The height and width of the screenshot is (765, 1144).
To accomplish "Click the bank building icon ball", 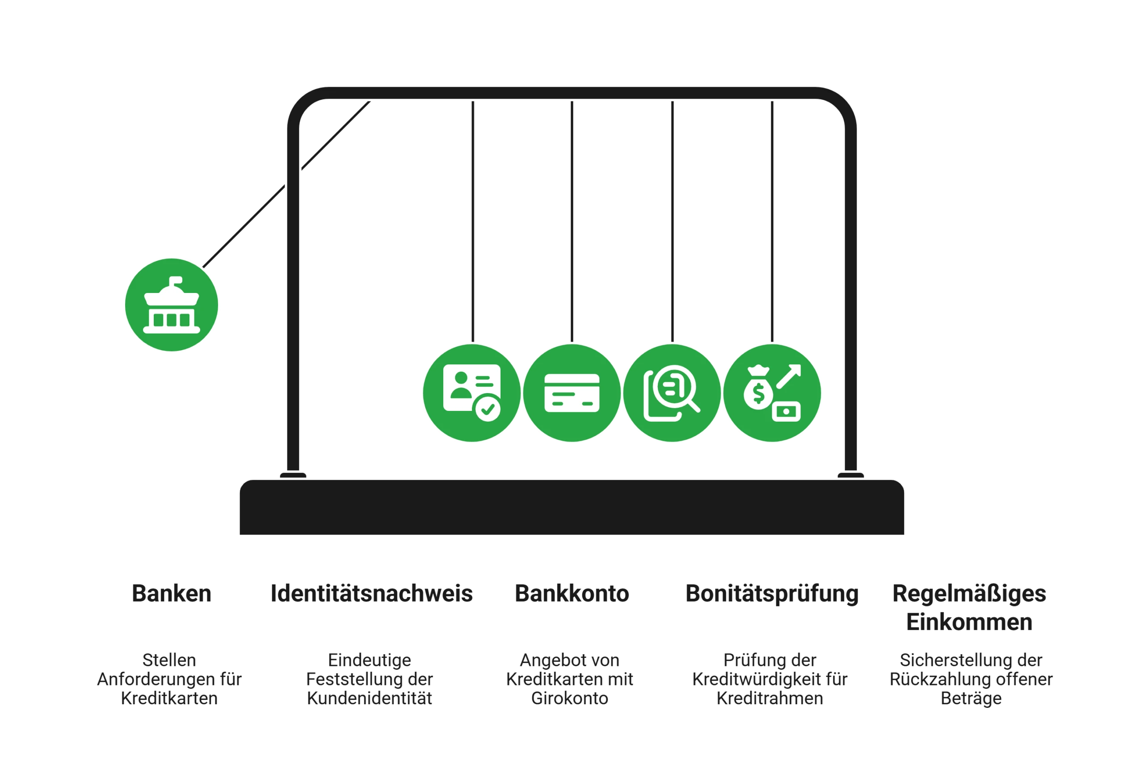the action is coord(171,305).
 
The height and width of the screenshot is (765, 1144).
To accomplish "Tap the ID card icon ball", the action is coord(472,393).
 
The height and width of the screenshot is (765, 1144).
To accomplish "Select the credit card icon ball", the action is coord(572,393).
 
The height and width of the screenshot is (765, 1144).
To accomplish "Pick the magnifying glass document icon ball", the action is coord(672,393).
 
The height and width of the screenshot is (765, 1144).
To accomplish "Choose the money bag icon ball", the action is coord(772,393).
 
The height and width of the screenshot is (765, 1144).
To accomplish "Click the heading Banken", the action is coord(171,593).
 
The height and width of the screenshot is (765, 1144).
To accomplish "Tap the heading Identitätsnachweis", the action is coord(371,593).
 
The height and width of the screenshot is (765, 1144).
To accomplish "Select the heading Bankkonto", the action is coord(572,593).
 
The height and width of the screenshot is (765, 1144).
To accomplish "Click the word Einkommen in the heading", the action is coord(969,622).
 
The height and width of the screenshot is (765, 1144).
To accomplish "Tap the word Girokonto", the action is coord(570,698).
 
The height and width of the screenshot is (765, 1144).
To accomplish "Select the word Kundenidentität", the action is coord(370,698).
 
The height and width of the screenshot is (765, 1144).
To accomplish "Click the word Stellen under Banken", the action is coord(169,660).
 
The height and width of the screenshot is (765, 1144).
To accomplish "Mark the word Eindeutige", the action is coord(370,660).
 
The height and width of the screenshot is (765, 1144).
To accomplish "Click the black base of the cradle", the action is coord(572,507).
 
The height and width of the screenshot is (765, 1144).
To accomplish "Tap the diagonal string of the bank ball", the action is coord(286,184).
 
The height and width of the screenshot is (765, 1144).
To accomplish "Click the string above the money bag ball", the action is coord(772,222).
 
